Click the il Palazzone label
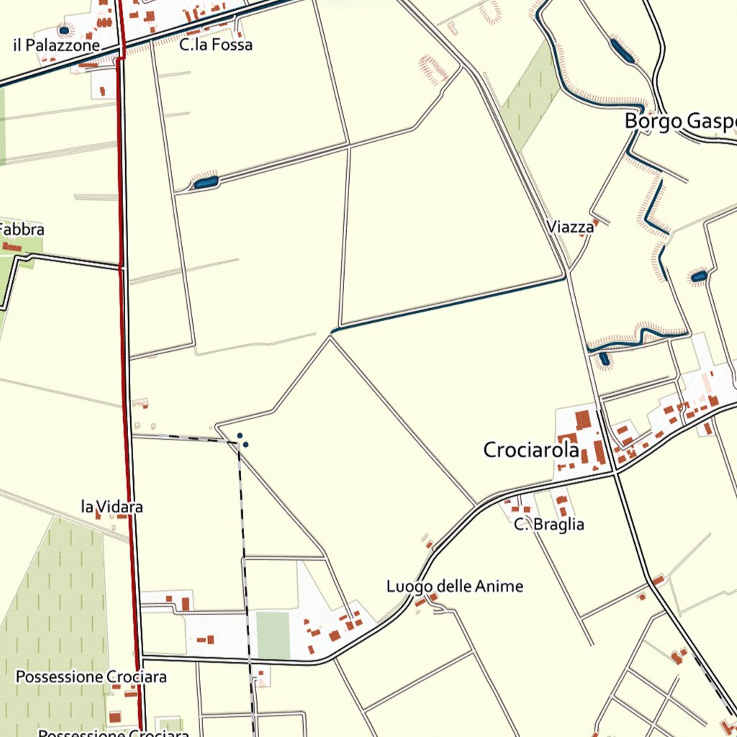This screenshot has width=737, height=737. pos(56,45)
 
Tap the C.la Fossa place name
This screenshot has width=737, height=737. pos(216,45)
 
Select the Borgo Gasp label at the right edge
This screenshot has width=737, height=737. pos(680,121)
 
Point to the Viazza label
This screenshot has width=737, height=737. pos(570,227)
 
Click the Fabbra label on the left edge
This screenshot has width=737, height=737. pos(22,230)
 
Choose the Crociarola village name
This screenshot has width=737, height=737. pos(531,451)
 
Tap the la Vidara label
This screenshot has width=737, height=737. pos(112,507)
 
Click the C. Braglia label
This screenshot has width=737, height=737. pos(549,525)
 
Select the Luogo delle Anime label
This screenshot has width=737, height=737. pos(455,587)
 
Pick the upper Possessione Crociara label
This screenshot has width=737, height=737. pos(91,677)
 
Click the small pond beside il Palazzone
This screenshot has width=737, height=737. pos(64,30)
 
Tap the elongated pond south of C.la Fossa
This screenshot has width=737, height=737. pos(206,183)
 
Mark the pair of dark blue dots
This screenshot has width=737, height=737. pos(243,440)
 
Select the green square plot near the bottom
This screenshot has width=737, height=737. pos(273,635)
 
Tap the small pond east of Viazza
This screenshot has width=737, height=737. pos(698,276)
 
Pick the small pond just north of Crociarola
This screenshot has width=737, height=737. pos(604,358)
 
